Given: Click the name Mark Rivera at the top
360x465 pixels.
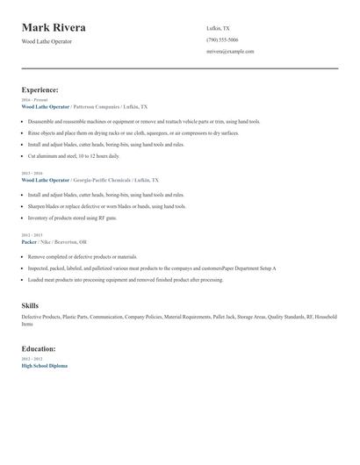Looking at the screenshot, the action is (54, 27).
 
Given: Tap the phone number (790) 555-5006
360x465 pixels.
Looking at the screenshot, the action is (222, 39).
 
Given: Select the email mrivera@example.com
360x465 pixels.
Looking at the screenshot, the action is (230, 52).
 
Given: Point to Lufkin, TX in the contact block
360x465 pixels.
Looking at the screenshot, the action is (218, 28).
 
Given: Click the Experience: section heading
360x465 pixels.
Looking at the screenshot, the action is (40, 89).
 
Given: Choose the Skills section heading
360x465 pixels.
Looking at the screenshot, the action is (30, 305).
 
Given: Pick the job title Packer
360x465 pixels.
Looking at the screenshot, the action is (29, 241).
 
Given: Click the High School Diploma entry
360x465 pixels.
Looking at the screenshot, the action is (44, 365).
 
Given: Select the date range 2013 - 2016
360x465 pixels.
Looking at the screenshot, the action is (32, 174).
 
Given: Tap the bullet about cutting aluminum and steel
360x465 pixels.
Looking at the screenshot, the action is (74, 155).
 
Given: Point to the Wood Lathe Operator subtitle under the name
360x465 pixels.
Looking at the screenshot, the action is (47, 41).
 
